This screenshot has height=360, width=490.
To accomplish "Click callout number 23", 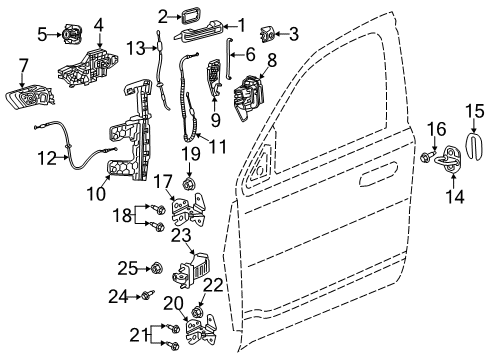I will [182, 236].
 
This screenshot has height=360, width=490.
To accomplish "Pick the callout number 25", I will [126, 267].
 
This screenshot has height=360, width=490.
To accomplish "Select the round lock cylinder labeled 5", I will [71, 34].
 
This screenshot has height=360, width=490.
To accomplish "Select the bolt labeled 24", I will [148, 295].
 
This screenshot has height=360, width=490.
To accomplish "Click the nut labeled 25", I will [156, 267].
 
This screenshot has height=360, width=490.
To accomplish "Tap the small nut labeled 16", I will [427, 157].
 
